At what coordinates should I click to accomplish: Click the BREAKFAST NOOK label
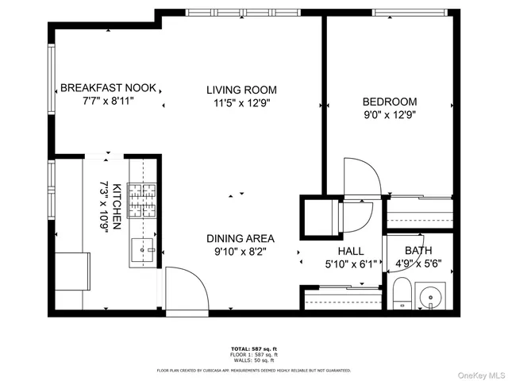[x=109, y=88]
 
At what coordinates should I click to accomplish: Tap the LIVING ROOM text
[x=241, y=90]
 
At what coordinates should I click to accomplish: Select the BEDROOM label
[x=390, y=102]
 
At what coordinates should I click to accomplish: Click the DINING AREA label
[x=241, y=238]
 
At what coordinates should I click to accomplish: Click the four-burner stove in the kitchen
[x=143, y=201]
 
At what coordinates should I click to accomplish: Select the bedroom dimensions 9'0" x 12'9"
[x=390, y=114]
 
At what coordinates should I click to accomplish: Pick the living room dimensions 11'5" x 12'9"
[x=241, y=103]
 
